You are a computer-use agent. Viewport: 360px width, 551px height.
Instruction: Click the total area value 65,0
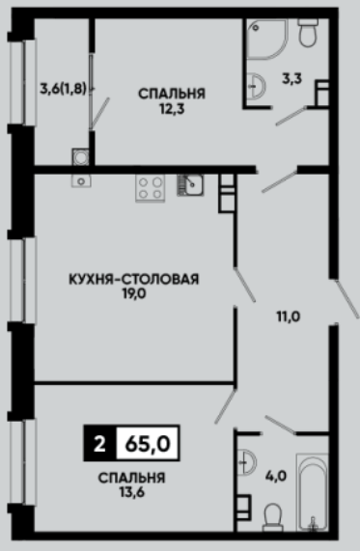(x=148, y=444)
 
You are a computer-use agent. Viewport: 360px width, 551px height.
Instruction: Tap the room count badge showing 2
(x=99, y=444)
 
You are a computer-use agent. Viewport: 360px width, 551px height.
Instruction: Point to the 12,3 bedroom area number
(x=172, y=109)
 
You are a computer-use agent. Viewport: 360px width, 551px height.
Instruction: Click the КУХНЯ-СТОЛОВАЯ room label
(x=133, y=279)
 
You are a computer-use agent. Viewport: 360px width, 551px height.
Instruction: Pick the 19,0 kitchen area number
(x=134, y=293)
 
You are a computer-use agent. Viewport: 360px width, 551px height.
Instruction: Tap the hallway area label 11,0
(x=289, y=317)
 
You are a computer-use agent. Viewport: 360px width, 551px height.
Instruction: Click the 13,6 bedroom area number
(x=131, y=492)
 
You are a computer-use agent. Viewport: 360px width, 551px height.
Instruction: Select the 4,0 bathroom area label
(x=276, y=477)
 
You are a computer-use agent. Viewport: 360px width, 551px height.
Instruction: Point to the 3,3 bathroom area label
(x=291, y=79)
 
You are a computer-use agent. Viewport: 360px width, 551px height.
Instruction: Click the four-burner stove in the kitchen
(x=151, y=188)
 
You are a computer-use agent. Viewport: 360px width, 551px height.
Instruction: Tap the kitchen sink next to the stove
(x=190, y=185)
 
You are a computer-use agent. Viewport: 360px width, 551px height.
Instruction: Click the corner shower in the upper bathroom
(x=266, y=39)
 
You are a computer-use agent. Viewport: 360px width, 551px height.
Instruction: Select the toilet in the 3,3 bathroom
(x=308, y=33)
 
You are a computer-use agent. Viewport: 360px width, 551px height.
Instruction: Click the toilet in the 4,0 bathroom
(x=273, y=517)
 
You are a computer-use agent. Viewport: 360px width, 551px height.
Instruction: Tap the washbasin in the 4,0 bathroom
(x=246, y=462)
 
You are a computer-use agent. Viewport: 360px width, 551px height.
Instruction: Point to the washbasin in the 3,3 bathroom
(x=255, y=86)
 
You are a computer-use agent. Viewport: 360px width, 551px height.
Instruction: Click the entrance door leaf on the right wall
(x=346, y=299)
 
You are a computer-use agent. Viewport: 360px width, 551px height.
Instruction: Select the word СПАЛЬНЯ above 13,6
(x=131, y=478)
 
